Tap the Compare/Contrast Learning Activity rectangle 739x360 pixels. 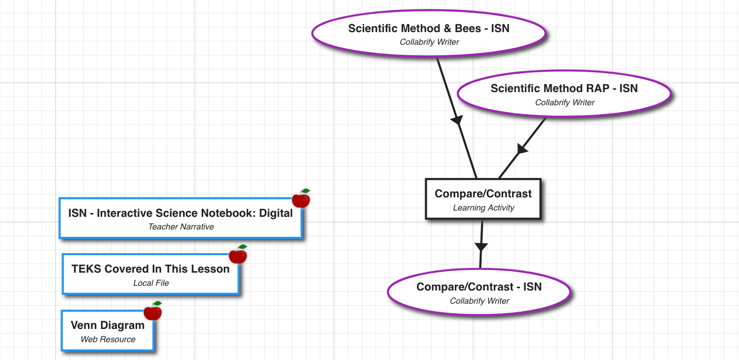coord(483,199)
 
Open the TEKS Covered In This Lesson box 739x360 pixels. coord(151,274)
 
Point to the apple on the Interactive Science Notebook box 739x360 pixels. coord(301,198)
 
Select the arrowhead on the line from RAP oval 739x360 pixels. coord(521,149)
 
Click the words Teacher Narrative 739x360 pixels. coord(181,227)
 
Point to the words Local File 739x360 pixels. coord(151,283)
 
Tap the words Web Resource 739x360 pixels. coord(107,339)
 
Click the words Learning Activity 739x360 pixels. coord(483,208)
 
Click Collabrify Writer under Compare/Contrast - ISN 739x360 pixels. coord(479,301)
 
